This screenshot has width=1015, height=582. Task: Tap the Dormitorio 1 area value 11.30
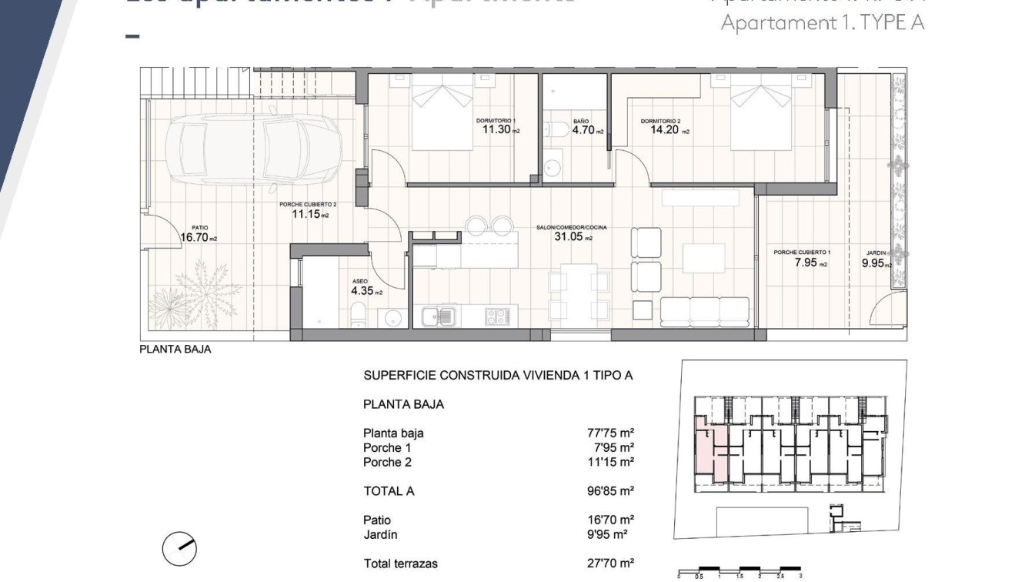click(x=496, y=130)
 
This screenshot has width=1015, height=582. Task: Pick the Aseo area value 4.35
click(x=362, y=291)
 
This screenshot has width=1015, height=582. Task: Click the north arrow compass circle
click(x=179, y=550)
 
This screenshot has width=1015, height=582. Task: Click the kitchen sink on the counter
click(x=439, y=314)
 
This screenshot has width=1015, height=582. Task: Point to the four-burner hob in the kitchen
click(x=496, y=314)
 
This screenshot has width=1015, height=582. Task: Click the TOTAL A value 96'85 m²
click(x=610, y=491)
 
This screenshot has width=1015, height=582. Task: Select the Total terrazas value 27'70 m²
click(x=610, y=564)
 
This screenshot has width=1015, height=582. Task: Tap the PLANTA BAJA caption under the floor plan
click(x=175, y=349)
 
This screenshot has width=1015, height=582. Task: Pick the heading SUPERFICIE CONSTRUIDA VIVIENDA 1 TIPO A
click(x=497, y=376)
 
